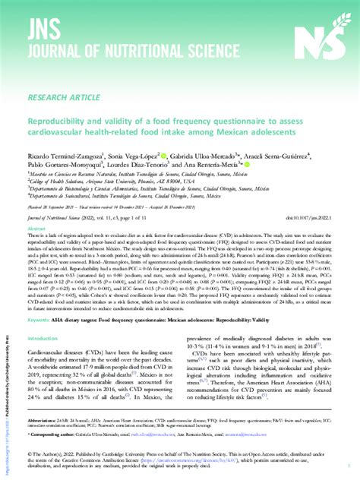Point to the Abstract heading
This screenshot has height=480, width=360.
pyautogui.click(x=37, y=228)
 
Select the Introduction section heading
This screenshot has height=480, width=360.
pyautogui.click(x=46, y=360)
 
